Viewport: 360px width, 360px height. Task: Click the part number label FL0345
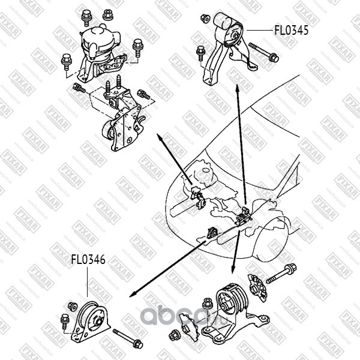[291, 30]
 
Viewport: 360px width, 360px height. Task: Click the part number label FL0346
[88, 260]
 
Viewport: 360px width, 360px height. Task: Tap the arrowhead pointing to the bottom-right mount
[233, 271]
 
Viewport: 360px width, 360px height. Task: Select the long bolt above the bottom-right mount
[281, 275]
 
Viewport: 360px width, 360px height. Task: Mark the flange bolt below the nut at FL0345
[200, 54]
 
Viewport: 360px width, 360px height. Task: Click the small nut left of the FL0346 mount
[72, 307]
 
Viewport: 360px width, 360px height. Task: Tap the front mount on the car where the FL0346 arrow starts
[212, 232]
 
